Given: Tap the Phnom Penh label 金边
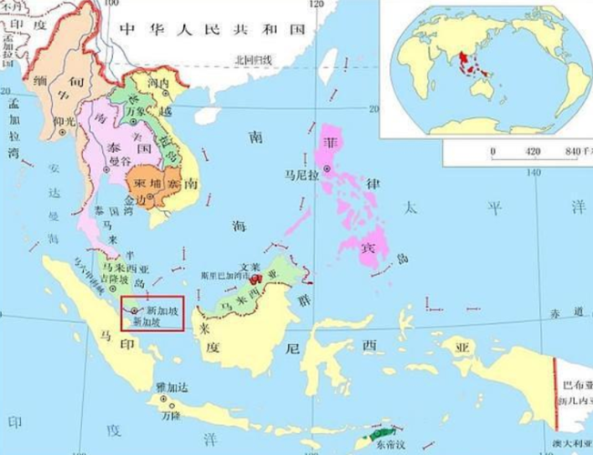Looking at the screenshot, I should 134,198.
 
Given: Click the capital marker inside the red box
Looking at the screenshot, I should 136,310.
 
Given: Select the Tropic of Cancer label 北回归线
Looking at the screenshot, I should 253,60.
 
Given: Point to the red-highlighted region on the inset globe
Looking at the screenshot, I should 470,64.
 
